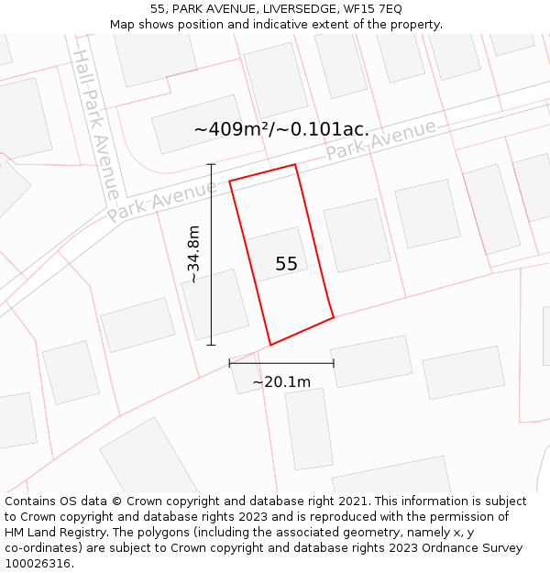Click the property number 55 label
[x=286, y=264]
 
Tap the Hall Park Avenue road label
[x=95, y=124]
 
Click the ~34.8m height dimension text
[x=193, y=254]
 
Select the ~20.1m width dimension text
[x=281, y=381]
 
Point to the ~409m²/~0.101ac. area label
[x=281, y=129]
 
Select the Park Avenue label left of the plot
[x=162, y=201]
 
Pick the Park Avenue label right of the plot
[x=381, y=140]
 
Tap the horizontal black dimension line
[x=281, y=363]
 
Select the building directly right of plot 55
[x=357, y=236]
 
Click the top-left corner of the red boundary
[x=229, y=181]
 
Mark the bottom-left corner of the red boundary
[x=270, y=345]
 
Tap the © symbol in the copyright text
[x=116, y=501]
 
